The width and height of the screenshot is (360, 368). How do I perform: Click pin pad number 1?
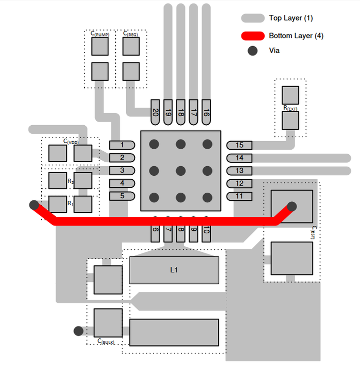pyautogui.click(x=122, y=145)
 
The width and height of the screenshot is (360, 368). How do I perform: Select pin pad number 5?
pyautogui.click(x=122, y=196)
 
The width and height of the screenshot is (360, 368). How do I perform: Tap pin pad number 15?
pyautogui.click(x=239, y=145)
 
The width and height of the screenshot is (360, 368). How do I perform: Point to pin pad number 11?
pyautogui.click(x=239, y=196)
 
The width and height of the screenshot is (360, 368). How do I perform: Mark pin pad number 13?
pyautogui.click(x=239, y=171)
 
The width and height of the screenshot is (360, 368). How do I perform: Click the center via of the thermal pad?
pyautogui.click(x=180, y=171)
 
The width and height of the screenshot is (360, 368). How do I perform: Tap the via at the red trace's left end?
pyautogui.click(x=33, y=204)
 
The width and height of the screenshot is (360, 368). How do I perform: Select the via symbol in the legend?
pyautogui.click(x=252, y=51)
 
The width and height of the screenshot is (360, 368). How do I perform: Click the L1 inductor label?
pyautogui.click(x=173, y=270)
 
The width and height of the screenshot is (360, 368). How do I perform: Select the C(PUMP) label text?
pyautogui.click(x=100, y=34)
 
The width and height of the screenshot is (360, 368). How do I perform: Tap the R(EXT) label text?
pyautogui.click(x=290, y=108)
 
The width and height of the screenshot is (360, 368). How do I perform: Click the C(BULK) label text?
pyautogui.click(x=106, y=341)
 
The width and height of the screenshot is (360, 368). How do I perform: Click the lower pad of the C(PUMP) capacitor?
pyautogui.click(x=100, y=71)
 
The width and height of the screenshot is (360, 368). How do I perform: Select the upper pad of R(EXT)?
pyautogui.click(x=290, y=95)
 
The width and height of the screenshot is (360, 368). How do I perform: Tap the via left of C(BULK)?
pyautogui.click(x=78, y=331)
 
